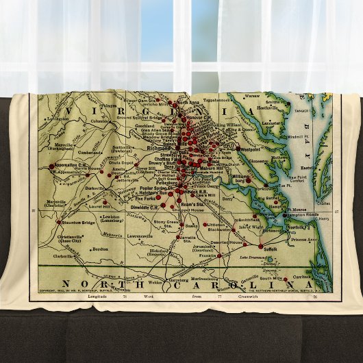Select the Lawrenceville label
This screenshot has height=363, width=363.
[x=138, y=236]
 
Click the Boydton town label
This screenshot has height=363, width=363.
[x=101, y=250]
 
